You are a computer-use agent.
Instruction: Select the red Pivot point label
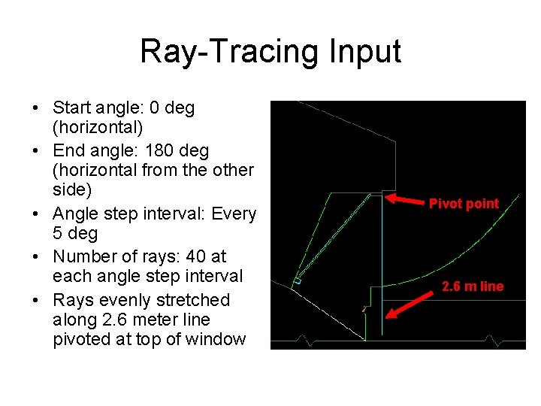coord(464,204)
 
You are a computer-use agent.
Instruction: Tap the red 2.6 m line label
coord(473,286)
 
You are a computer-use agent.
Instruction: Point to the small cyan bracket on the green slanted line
coord(298,280)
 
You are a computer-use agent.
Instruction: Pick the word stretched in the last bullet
coord(192,299)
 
